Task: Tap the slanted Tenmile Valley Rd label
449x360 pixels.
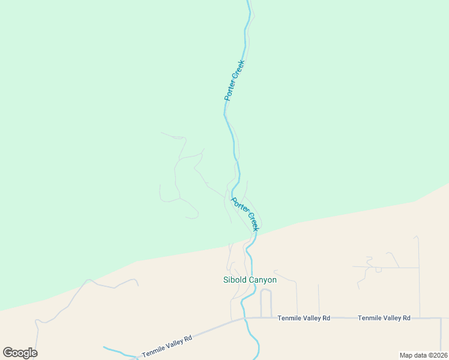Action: (x=167, y=347)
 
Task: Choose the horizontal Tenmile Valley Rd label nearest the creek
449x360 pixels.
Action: (x=304, y=318)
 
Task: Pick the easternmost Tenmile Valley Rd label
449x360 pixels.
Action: (x=384, y=318)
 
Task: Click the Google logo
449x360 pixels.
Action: (x=20, y=353)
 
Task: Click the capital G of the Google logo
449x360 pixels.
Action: (x=8, y=353)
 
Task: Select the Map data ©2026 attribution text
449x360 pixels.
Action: (x=423, y=355)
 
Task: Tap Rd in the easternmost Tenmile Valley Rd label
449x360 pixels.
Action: (x=406, y=318)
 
